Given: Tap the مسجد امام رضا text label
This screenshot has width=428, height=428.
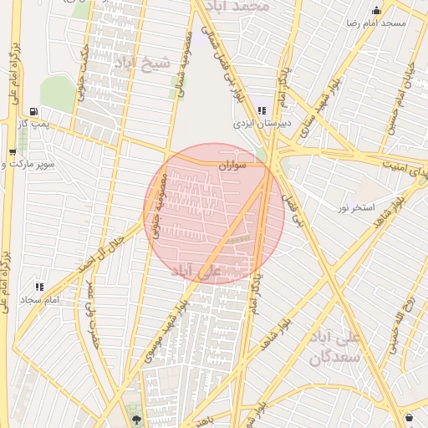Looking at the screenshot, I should coord(377,23).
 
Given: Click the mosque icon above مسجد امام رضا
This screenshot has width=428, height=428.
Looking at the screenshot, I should coord(377,11).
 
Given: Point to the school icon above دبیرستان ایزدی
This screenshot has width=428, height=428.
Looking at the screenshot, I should coord(262,110).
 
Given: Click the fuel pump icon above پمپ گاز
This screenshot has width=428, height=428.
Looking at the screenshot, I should coord(33,111).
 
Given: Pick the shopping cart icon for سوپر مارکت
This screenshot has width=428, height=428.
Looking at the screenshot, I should coord(12,152).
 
